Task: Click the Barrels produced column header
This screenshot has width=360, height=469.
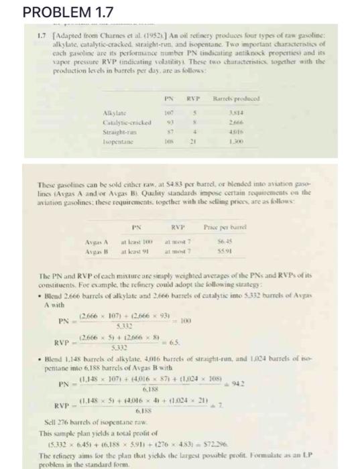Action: pos(246,103)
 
